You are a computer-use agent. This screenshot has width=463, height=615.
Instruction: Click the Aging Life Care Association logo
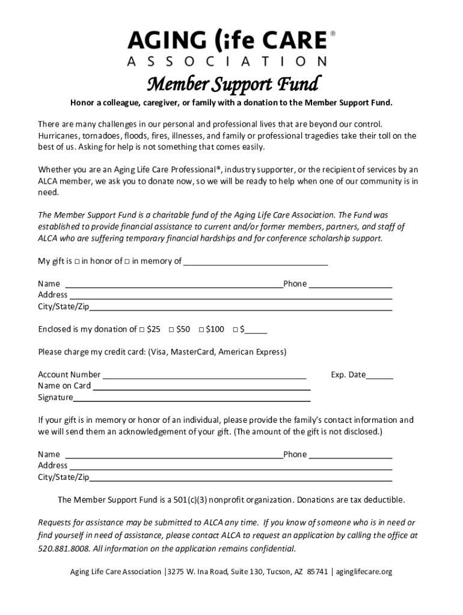(227, 48)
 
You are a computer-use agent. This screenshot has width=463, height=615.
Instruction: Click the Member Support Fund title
(233, 84)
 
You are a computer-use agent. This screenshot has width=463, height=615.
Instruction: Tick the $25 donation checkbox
(142, 330)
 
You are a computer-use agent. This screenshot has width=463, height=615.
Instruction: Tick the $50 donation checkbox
(171, 330)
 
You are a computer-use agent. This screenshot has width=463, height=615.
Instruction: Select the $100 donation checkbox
(201, 330)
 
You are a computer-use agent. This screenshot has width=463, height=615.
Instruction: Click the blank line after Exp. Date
(379, 378)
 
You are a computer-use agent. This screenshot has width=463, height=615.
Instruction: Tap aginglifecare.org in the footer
(364, 572)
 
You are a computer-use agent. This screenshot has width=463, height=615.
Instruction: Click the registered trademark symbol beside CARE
(333, 35)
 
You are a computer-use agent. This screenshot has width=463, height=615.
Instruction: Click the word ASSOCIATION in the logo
(227, 61)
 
